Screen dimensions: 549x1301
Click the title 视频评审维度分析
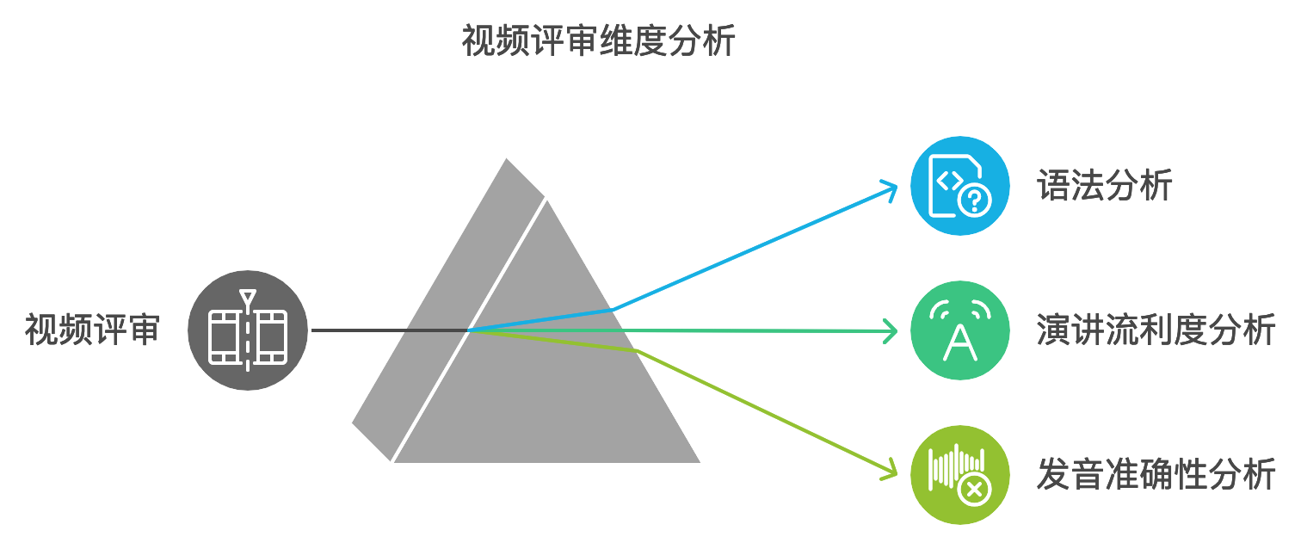pos(599,40)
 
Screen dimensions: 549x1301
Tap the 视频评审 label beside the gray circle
pos(92,330)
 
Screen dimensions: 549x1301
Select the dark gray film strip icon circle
pos(248,330)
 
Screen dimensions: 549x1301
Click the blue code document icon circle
pos(960,186)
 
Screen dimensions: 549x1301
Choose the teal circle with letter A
pos(960,330)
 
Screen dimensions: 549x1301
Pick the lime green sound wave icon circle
pos(960,474)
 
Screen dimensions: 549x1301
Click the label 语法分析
pos(1105,186)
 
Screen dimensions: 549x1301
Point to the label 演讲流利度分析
pos(1156,330)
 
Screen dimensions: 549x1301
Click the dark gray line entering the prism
pos(387,330)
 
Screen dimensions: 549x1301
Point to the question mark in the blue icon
pos(975,201)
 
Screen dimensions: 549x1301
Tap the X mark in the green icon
pos(975,490)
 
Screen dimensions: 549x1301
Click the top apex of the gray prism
pos(508,160)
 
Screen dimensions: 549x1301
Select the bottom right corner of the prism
pos(698,461)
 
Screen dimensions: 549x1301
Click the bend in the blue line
pos(613,308)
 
